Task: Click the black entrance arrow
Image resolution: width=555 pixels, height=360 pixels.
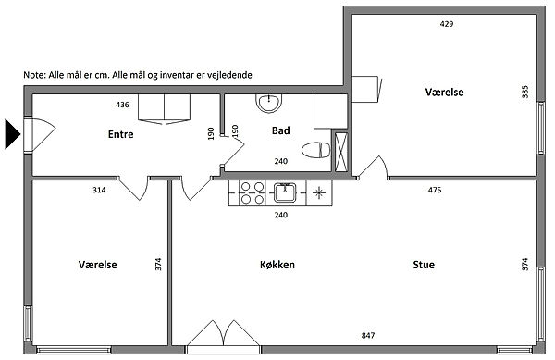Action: pyautogui.click(x=12, y=134)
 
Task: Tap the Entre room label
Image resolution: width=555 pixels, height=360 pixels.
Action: pyautogui.click(x=120, y=134)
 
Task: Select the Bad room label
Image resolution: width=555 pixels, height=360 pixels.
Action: pyautogui.click(x=280, y=130)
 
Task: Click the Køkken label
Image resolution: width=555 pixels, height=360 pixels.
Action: pyautogui.click(x=277, y=265)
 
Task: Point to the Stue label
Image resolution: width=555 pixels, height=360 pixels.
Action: pyautogui.click(x=424, y=265)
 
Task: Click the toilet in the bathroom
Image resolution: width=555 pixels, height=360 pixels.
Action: pyautogui.click(x=315, y=150)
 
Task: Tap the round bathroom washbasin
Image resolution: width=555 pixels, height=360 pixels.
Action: pyautogui.click(x=268, y=103)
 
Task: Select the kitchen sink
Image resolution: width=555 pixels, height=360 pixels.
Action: pyautogui.click(x=285, y=192)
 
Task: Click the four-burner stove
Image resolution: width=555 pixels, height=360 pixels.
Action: pyautogui.click(x=252, y=192)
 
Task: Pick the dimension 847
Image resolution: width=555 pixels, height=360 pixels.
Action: pyautogui.click(x=368, y=335)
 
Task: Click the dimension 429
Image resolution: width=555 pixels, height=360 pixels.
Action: pyautogui.click(x=447, y=24)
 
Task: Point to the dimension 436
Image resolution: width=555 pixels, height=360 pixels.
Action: pyautogui.click(x=122, y=105)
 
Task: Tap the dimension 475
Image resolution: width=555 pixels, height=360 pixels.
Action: pyautogui.click(x=435, y=190)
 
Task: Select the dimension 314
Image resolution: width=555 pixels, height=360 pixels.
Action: pyautogui.click(x=99, y=190)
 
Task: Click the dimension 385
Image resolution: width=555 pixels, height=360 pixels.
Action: pyautogui.click(x=524, y=92)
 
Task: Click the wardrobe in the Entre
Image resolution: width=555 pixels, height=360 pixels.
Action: pyautogui.click(x=165, y=109)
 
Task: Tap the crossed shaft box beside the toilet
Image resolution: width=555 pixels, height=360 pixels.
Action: pyautogui.click(x=341, y=152)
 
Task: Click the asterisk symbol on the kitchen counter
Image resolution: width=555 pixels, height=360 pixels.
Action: pyautogui.click(x=319, y=192)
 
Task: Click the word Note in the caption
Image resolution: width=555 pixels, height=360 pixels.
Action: pyautogui.click(x=33, y=75)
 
